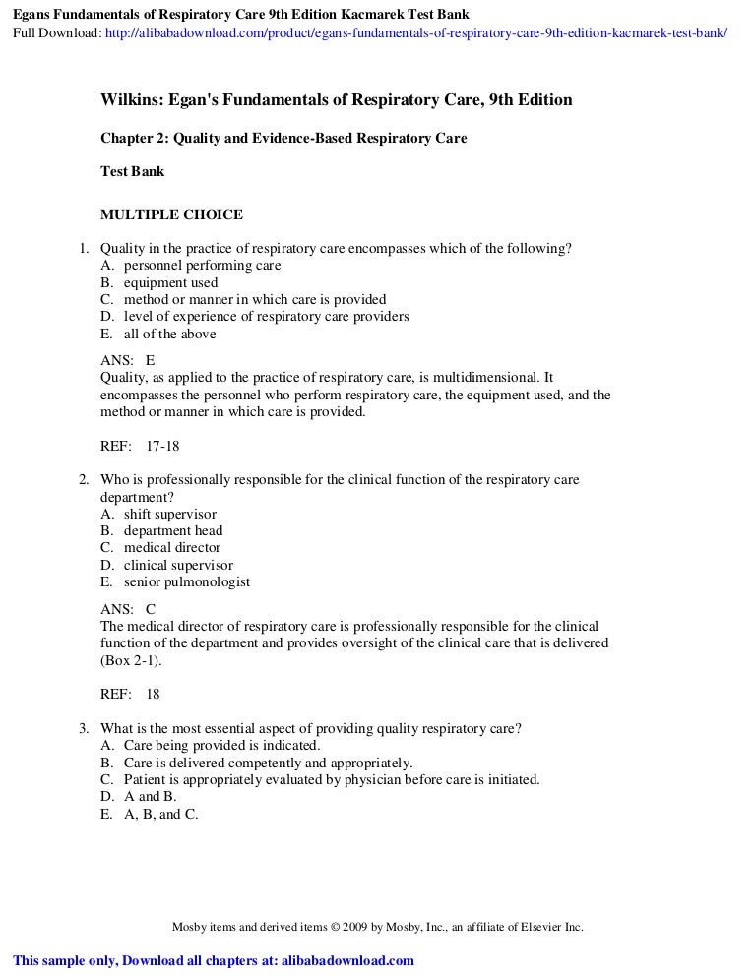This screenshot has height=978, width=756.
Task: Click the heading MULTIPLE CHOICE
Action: [x=171, y=214]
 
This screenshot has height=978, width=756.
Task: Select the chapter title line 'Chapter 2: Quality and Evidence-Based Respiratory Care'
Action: [x=283, y=139]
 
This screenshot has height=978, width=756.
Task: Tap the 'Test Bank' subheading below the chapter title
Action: [x=133, y=171]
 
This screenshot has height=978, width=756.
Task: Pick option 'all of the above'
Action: [x=169, y=334]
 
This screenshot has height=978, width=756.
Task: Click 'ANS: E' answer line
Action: [x=128, y=361]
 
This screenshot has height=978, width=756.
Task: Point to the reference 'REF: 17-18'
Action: [x=140, y=446]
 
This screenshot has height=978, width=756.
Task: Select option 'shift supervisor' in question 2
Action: [x=169, y=514]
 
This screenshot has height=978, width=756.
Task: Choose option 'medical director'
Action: [x=171, y=548]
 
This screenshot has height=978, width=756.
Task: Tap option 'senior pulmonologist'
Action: [x=186, y=581]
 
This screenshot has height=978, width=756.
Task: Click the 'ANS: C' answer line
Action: [x=128, y=609]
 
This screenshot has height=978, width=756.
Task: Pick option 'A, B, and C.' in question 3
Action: [x=160, y=814]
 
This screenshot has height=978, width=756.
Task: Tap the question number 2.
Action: [x=84, y=480]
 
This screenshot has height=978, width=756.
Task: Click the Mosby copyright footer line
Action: [x=378, y=927]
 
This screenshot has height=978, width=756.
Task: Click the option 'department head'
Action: [x=172, y=531]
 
